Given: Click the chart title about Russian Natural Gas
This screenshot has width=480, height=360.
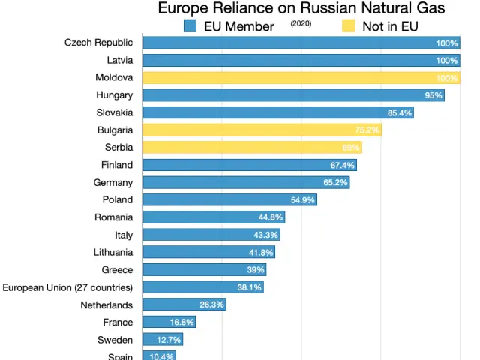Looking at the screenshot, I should point(301,9).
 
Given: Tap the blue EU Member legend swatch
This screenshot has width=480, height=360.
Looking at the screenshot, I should point(190,26).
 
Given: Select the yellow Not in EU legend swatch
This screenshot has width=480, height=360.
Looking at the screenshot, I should point(349,26).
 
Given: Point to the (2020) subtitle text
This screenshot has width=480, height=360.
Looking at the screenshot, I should point(300,24).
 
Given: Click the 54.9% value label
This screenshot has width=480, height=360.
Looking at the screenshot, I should point(303,200).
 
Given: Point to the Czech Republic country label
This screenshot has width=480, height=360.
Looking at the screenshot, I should point(98,43).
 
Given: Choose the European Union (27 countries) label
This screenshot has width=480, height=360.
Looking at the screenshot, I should point(67,287).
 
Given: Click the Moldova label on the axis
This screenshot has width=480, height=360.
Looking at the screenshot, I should point(114,77).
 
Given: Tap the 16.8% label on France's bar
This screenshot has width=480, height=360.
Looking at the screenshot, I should point(181,322).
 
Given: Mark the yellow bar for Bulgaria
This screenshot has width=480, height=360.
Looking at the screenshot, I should point(262,130).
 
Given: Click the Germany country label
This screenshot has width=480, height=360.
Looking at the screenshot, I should point(112,182).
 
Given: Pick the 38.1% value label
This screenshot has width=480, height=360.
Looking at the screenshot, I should point(249,287).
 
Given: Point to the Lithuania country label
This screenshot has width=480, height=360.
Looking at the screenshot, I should point(112,252).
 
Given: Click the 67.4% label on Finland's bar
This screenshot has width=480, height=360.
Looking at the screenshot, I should point(342,165).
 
